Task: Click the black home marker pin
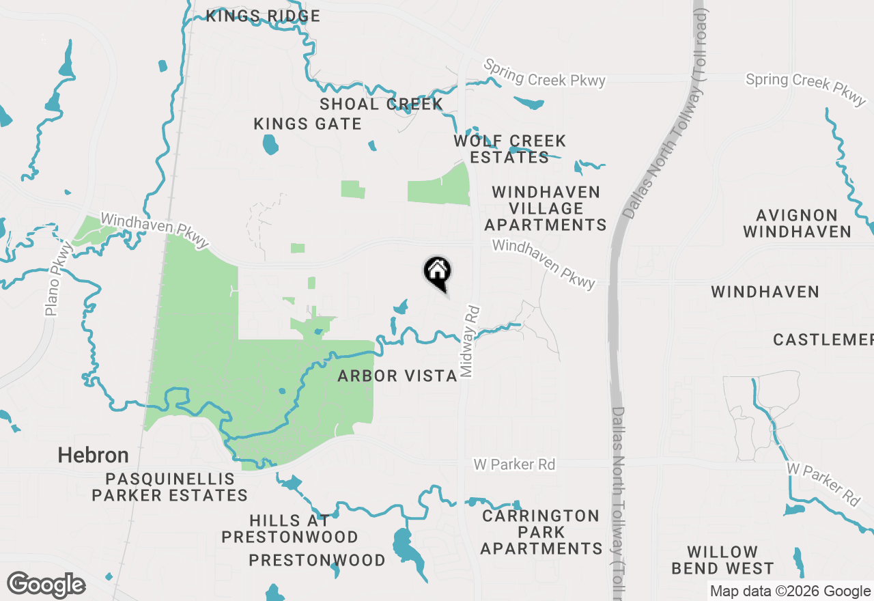pyautogui.click(x=438, y=272)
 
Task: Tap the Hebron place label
pyautogui.click(x=93, y=455)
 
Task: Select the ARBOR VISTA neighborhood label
pyautogui.click(x=397, y=376)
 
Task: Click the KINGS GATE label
pyautogui.click(x=307, y=124)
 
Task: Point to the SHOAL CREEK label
pyautogui.click(x=381, y=104)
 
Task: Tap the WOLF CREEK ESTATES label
pyautogui.click(x=510, y=149)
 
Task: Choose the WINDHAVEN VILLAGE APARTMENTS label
pyautogui.click(x=546, y=208)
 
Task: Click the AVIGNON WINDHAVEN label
pyautogui.click(x=797, y=224)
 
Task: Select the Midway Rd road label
pyautogui.click(x=469, y=341)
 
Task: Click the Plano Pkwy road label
pyautogui.click(x=59, y=280)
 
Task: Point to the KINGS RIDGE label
pyautogui.click(x=263, y=16)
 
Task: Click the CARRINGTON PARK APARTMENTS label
pyautogui.click(x=541, y=532)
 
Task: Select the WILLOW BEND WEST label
pyautogui.click(x=722, y=560)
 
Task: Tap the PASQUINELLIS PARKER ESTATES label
pyautogui.click(x=169, y=487)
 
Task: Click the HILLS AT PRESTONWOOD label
pyautogui.click(x=290, y=529)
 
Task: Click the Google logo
pyautogui.click(x=46, y=585)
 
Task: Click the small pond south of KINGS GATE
pyautogui.click(x=270, y=144)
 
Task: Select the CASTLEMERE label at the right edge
pyautogui.click(x=823, y=339)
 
